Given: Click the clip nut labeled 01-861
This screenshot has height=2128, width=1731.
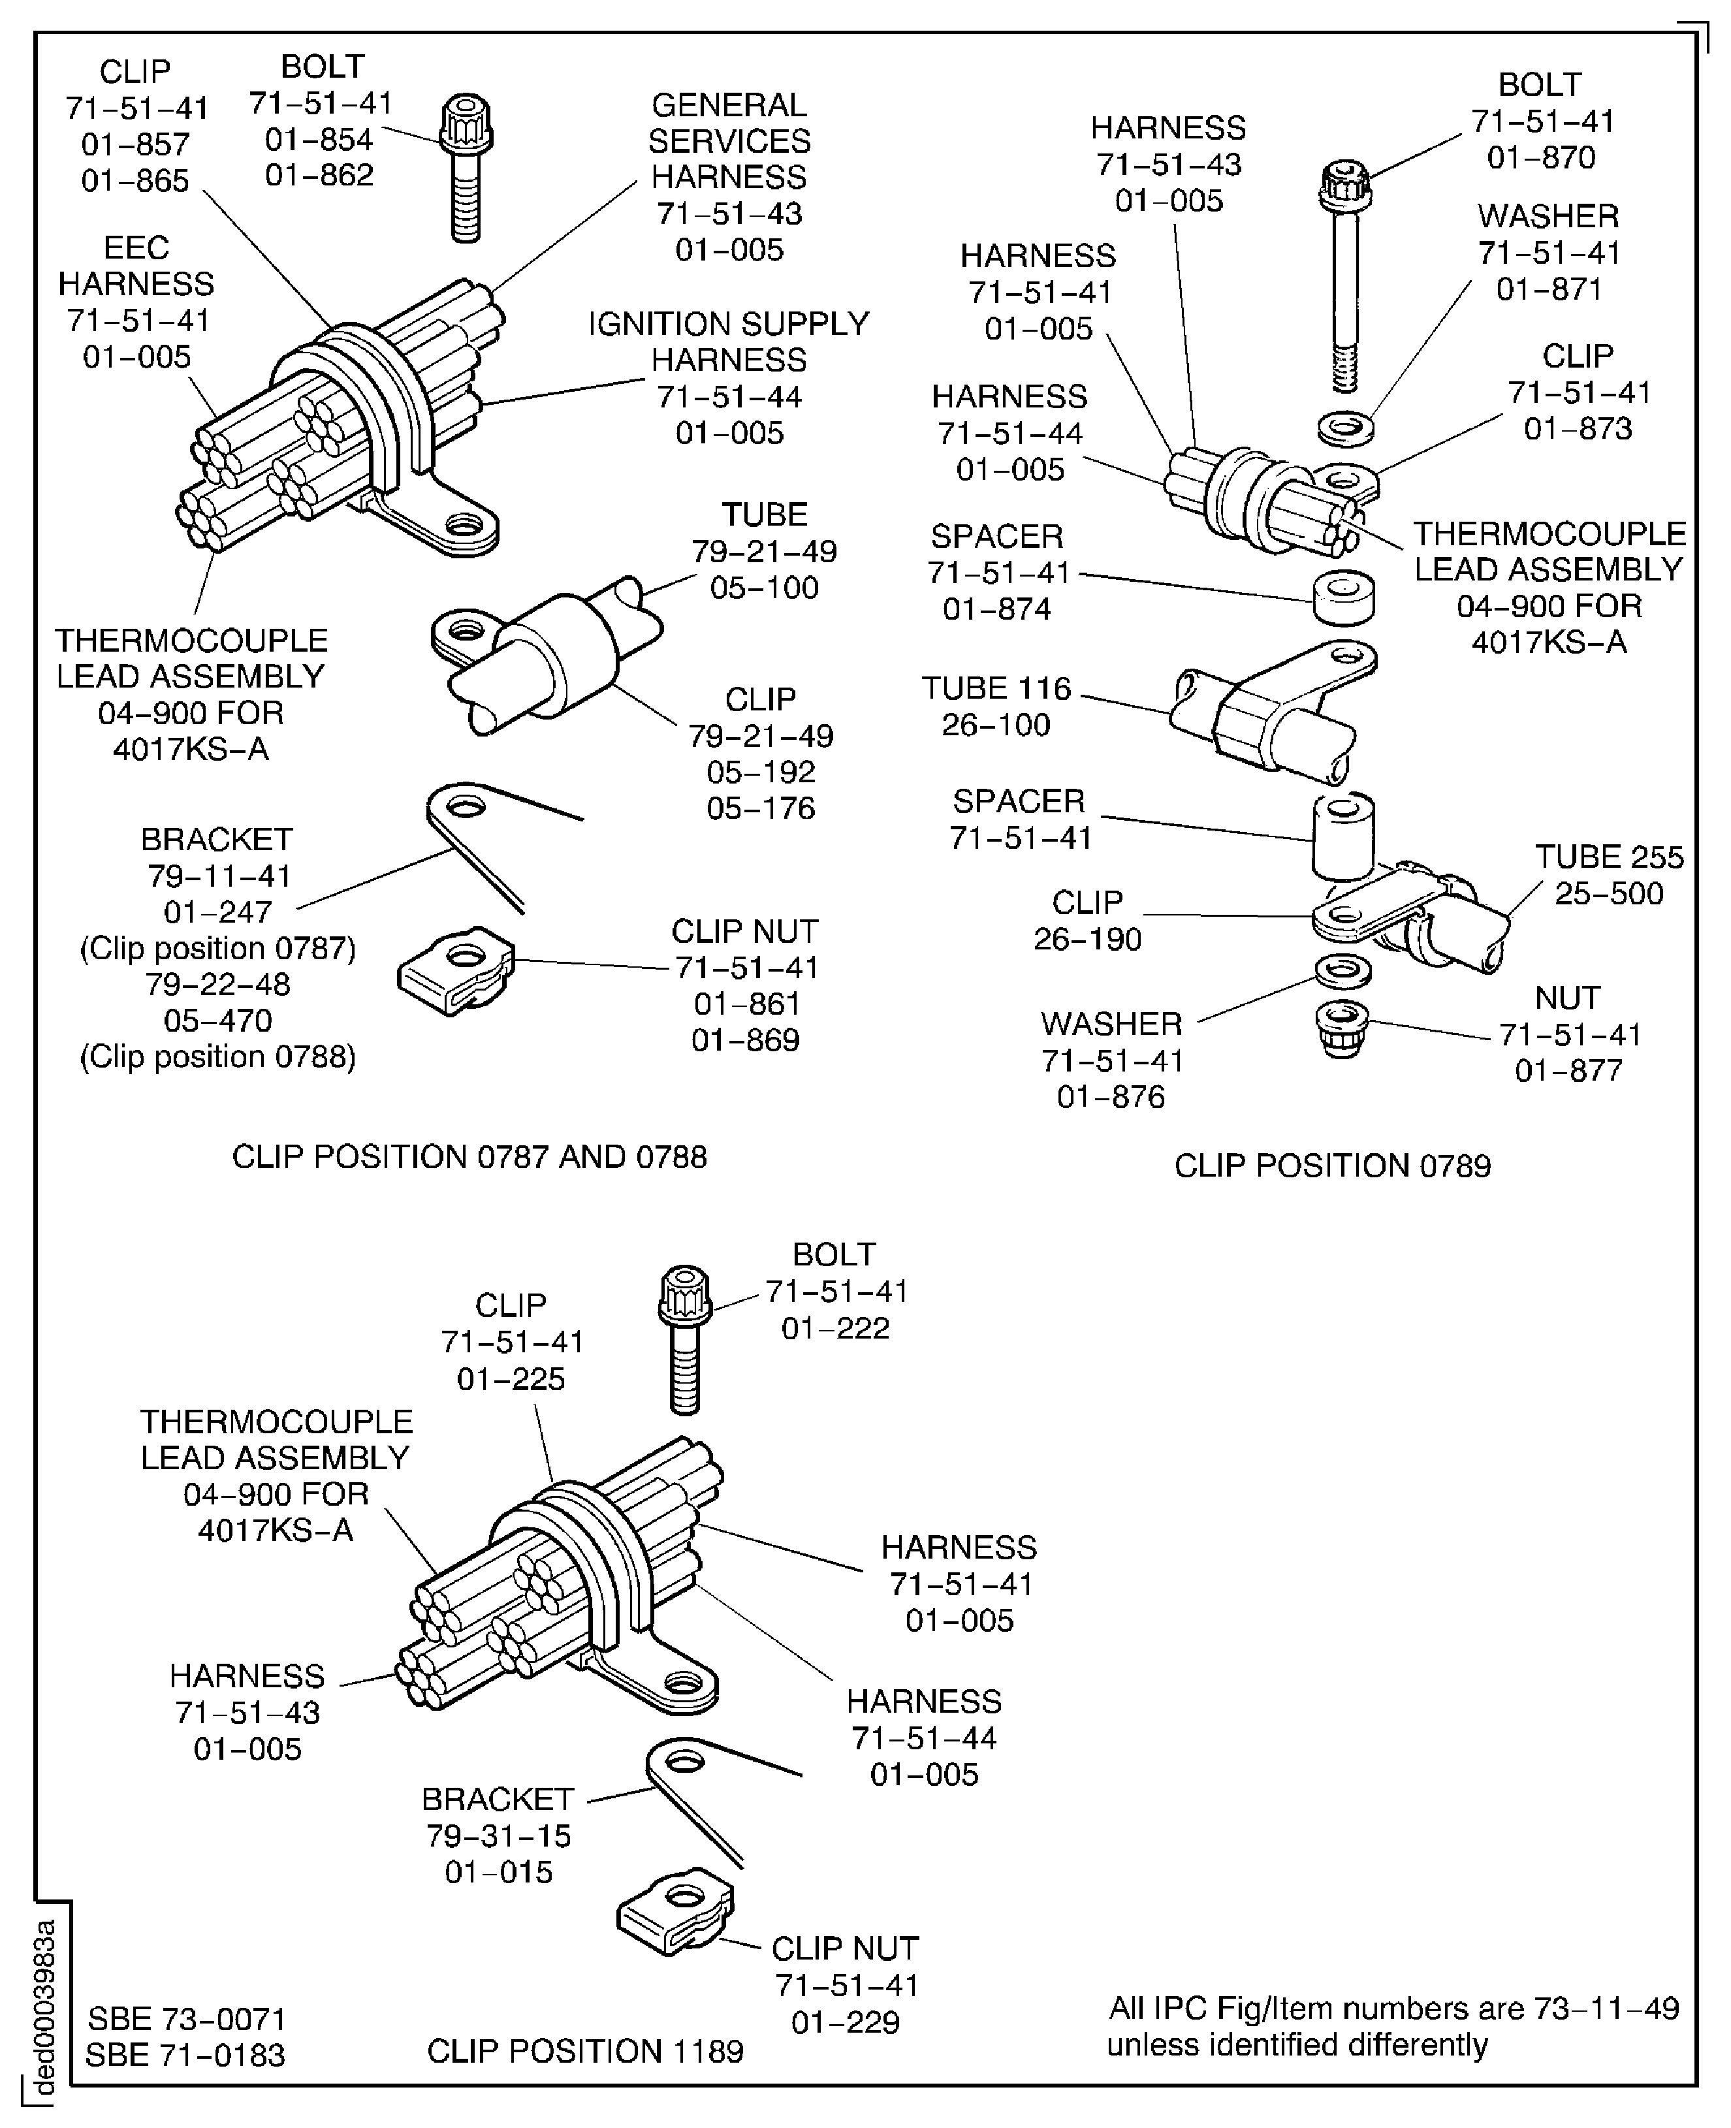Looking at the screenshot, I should pyautogui.click(x=456, y=971).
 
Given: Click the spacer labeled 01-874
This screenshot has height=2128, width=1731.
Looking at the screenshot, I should pyautogui.click(x=1344, y=596).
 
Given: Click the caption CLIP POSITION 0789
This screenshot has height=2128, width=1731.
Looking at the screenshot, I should pyautogui.click(x=1332, y=1165).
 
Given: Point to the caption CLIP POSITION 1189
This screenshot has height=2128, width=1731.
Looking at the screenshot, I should pyautogui.click(x=585, y=2051).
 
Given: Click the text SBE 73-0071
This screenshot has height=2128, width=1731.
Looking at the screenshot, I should pyautogui.click(x=187, y=2020).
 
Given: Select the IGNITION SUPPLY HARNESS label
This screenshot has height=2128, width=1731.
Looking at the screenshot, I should pyautogui.click(x=729, y=342).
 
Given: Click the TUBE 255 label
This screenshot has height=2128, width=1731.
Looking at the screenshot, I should pyautogui.click(x=1608, y=857).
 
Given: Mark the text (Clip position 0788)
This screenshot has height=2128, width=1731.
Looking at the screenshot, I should pyautogui.click(x=217, y=1056).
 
